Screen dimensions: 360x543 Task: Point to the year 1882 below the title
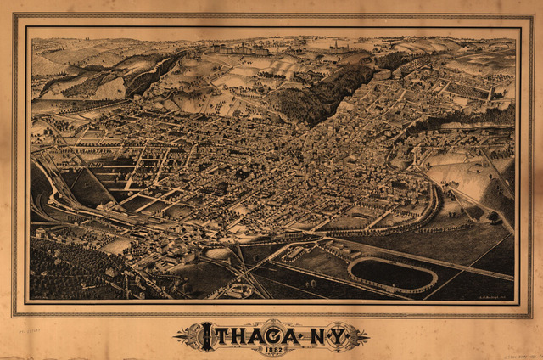click(271, 348)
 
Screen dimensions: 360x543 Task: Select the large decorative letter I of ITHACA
click(205, 337)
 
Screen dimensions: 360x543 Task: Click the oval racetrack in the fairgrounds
click(392, 273)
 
